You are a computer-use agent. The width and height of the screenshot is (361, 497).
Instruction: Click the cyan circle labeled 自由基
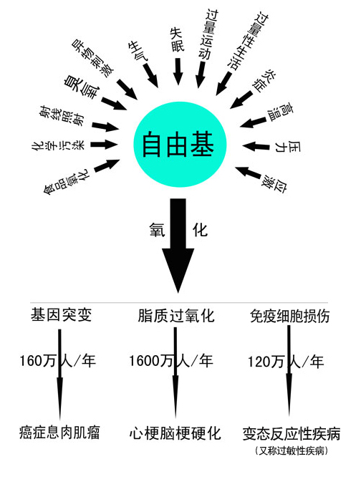click(x=180, y=144)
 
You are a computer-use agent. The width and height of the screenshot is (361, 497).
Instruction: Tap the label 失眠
click(x=177, y=39)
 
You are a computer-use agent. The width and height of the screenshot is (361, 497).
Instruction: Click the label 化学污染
click(x=58, y=145)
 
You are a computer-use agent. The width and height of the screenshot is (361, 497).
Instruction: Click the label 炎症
click(x=264, y=80)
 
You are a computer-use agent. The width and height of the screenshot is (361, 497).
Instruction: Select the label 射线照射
click(x=63, y=116)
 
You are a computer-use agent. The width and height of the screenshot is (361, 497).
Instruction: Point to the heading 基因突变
click(x=61, y=315)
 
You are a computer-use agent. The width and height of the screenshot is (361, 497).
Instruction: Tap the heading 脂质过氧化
click(x=176, y=316)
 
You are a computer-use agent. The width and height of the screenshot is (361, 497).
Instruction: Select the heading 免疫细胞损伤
click(x=289, y=316)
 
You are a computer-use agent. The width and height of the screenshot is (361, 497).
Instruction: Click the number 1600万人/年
click(x=171, y=361)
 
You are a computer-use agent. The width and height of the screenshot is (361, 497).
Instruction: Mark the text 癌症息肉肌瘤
click(x=59, y=433)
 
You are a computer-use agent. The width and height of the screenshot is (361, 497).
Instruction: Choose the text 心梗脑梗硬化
click(x=175, y=433)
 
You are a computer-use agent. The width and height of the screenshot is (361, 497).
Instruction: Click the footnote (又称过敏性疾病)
click(x=292, y=450)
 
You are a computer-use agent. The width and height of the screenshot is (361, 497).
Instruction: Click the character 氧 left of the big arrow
click(x=157, y=230)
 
